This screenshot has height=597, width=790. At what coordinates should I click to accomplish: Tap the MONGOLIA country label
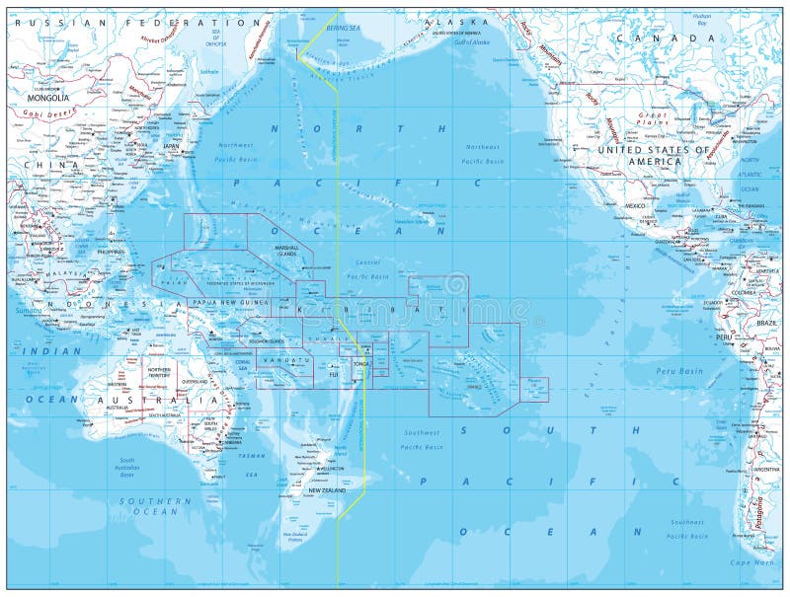47,98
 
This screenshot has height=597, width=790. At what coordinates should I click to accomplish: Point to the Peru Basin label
678,371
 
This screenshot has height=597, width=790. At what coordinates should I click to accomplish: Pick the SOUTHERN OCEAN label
149,506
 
